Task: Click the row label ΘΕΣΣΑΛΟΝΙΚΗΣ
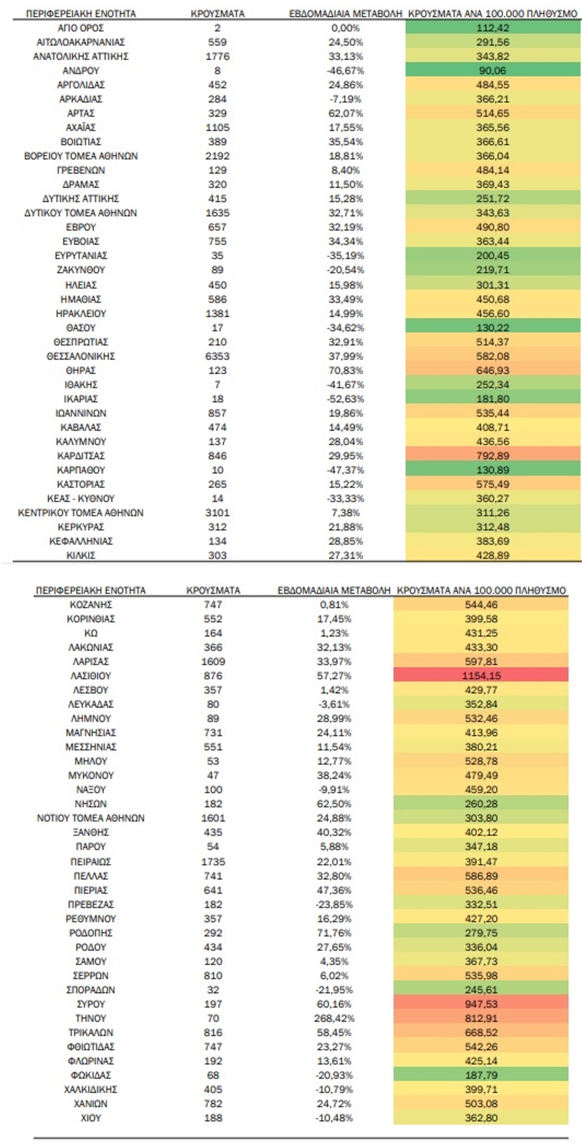[x=81, y=356]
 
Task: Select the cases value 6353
[x=217, y=356]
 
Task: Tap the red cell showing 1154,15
[x=481, y=675]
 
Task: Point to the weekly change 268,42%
[x=334, y=1018]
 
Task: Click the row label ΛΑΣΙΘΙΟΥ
[x=91, y=675]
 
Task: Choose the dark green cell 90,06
[x=493, y=70]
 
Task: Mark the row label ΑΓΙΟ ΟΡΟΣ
[x=81, y=28]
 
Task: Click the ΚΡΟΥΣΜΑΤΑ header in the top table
[x=217, y=14]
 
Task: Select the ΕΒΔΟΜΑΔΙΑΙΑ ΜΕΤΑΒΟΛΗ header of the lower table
[x=334, y=590]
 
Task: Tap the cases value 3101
[x=217, y=512]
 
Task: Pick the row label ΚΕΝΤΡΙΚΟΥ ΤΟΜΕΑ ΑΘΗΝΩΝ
[x=81, y=512]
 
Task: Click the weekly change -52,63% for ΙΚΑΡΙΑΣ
[x=345, y=398]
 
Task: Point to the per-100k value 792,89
[x=493, y=455]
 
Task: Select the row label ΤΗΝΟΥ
[x=91, y=1018]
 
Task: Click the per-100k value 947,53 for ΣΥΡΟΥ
[x=481, y=1004]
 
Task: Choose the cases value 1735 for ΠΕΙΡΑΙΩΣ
[x=213, y=861]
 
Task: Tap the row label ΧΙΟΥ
[x=91, y=1117]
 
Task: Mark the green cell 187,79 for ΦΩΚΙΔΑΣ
[x=481, y=1075]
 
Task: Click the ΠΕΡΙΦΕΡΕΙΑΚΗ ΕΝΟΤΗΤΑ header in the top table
[x=81, y=14]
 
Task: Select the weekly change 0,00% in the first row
[x=345, y=28]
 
